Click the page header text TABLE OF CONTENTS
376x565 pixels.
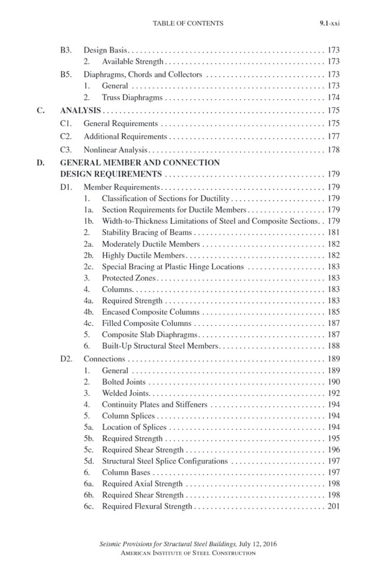[188, 24]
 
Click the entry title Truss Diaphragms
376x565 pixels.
[132, 98]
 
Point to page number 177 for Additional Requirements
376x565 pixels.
[333, 137]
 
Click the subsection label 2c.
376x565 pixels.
[89, 267]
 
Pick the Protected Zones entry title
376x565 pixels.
[128, 278]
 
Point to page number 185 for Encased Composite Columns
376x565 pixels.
[333, 312]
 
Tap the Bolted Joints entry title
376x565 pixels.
[124, 382]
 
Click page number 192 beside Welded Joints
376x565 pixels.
[333, 393]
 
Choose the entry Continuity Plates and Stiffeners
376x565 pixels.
[154, 405]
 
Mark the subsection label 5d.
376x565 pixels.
[89, 461]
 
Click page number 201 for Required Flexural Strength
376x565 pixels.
[333, 507]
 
